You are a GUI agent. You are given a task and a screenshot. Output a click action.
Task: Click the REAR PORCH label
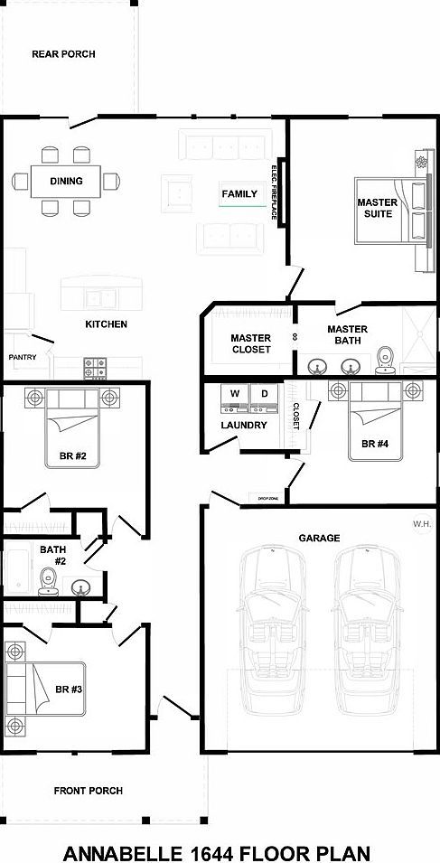pos(63,54)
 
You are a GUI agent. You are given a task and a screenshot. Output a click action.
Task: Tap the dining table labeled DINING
pos(66,181)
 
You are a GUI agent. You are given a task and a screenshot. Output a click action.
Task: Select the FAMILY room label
pos(239,194)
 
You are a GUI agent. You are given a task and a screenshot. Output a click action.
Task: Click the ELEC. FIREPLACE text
pos(274,192)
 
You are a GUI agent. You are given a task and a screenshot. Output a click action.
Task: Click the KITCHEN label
pos(106,324)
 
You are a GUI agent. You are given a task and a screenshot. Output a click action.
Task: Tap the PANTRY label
pos(23,357)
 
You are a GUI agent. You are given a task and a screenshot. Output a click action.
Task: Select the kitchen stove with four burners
pos(96,367)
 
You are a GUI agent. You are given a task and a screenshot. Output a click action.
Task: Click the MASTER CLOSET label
pos(250,343)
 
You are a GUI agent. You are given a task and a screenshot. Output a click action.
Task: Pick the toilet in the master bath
pos(386,358)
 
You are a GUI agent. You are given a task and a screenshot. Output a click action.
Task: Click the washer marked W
pos(234,394)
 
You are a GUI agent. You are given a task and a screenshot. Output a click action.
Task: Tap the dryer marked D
pos(264,394)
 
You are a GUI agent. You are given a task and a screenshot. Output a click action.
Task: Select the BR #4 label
pos(374,444)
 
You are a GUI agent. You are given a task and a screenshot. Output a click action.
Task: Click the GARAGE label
pos(319,538)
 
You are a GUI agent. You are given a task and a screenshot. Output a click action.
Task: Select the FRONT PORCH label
pos(88,791)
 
